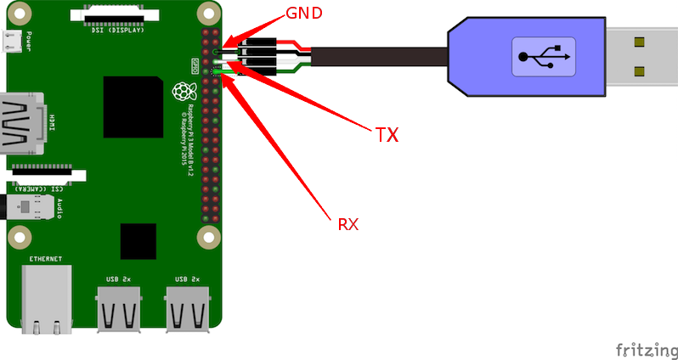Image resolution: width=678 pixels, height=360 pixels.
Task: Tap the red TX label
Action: (387, 133)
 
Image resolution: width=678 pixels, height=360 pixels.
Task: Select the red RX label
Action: (348, 224)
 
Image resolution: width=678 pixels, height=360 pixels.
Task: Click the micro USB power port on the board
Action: (12, 40)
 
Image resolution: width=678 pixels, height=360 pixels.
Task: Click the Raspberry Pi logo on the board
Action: (180, 92)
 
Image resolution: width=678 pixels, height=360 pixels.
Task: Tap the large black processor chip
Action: (133, 106)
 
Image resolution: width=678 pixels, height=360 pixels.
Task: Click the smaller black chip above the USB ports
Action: (138, 240)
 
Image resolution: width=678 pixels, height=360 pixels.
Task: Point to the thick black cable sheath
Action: (382, 58)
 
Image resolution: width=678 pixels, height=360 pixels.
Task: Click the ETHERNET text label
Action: (44, 258)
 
